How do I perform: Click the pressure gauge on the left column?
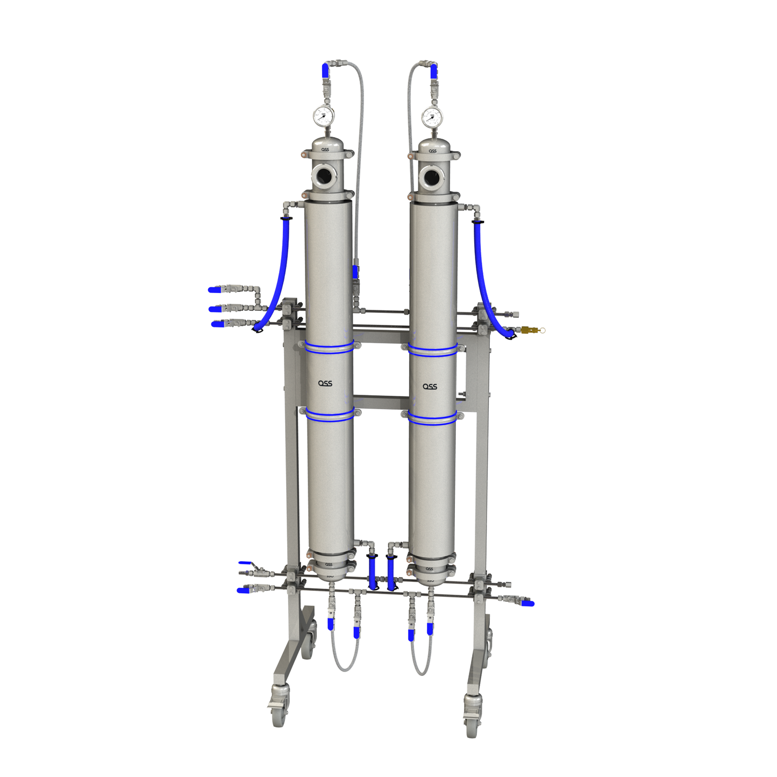(x=323, y=116)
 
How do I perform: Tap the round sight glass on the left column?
(x=324, y=175)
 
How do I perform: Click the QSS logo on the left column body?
(x=325, y=383)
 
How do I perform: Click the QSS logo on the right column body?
(x=430, y=387)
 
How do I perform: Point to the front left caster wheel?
(x=279, y=712)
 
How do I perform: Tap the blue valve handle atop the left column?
(x=324, y=70)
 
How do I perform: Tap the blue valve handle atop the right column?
(x=434, y=70)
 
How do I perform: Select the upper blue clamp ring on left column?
(x=330, y=347)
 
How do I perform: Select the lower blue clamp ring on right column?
(x=432, y=418)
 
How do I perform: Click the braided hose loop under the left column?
(x=344, y=661)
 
